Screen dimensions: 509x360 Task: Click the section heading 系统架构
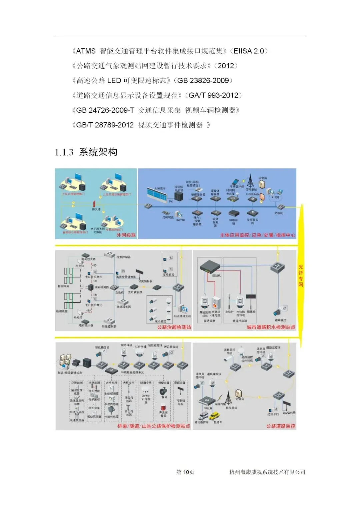pos(98,152)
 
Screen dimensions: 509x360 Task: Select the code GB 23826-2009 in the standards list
pos(203,80)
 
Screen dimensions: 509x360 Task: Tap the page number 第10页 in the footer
pos(185,472)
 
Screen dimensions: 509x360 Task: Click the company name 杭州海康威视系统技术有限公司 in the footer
pos(267,472)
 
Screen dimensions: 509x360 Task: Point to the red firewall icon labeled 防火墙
pos(95,203)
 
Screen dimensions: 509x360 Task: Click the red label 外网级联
pos(126,235)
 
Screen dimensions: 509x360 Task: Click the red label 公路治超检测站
pos(174,327)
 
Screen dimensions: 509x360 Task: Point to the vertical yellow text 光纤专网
pos(301,276)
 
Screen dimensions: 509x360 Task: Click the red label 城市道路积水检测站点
pos(271,327)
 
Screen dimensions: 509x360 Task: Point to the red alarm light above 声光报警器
pos(163,407)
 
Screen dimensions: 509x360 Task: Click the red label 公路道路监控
pos(281,426)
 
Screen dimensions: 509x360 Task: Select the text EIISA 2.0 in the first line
pos(249,51)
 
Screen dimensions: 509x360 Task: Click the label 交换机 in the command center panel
pos(278,213)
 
